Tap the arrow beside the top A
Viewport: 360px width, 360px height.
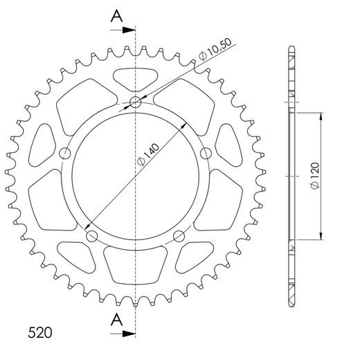127,30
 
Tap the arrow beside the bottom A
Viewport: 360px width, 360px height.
127,333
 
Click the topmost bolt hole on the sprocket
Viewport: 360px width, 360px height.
136,104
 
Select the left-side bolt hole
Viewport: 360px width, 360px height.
66,153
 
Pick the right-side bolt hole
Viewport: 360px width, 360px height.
205,152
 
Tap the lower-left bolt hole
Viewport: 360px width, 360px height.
92,236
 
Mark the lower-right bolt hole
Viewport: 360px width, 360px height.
179,235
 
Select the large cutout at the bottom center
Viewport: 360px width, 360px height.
135,264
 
